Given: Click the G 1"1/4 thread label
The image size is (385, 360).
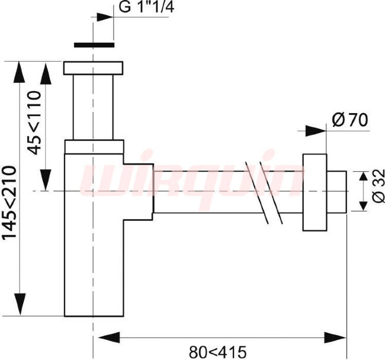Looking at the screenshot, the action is click(146, 7).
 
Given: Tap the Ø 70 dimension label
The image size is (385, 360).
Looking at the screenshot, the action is click(350, 120).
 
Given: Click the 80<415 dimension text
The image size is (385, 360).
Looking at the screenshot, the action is click(217, 352).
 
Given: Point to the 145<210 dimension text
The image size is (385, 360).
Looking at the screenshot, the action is click(9, 202).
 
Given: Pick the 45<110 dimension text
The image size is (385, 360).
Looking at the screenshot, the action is click(34, 123).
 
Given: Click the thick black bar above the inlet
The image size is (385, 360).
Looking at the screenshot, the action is click(94, 45).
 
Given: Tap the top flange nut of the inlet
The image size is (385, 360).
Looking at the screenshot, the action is click(93, 68).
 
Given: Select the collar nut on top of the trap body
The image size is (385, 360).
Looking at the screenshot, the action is click(94, 147).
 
